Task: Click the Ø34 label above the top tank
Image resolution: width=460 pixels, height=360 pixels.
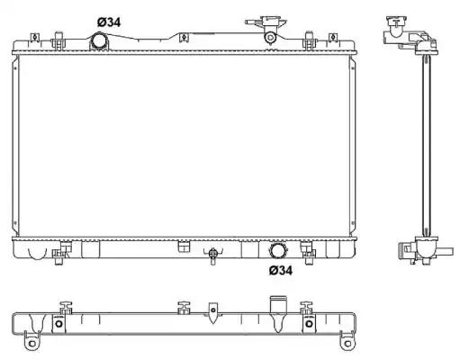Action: pos(109,22)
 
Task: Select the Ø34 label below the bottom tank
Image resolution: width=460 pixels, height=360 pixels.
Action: pos(281,270)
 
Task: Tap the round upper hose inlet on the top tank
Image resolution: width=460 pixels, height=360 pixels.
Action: pos(98,41)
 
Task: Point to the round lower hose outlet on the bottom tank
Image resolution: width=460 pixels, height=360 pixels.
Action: pos(278,250)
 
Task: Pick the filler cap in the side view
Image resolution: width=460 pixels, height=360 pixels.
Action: pos(397,22)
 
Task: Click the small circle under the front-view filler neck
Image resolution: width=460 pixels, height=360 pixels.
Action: pos(270,38)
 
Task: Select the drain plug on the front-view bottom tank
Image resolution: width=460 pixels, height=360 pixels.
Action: pos(213,255)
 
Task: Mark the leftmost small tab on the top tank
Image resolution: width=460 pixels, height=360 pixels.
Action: pos(35,37)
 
